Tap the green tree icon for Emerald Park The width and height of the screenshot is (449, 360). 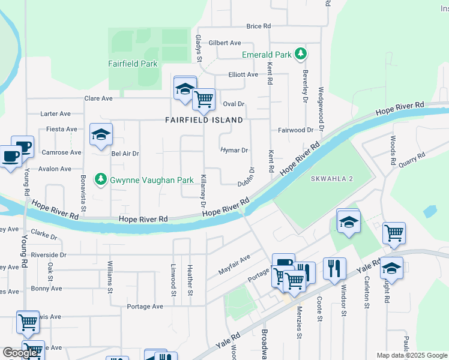(x=301, y=55)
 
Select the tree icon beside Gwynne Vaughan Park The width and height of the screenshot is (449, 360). (x=101, y=179)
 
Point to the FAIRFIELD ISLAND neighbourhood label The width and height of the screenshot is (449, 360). (x=204, y=120)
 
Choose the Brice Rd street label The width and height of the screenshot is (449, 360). (x=259, y=26)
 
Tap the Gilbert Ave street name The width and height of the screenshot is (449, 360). (x=224, y=43)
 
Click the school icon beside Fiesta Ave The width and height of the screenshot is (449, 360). (x=101, y=135)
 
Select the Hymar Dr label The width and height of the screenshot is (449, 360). (x=234, y=150)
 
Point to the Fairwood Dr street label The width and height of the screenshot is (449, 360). (x=296, y=130)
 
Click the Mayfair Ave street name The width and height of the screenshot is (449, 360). (x=234, y=264)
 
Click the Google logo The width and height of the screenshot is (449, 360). (x=20, y=353)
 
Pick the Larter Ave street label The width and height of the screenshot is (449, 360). (x=55, y=113)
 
